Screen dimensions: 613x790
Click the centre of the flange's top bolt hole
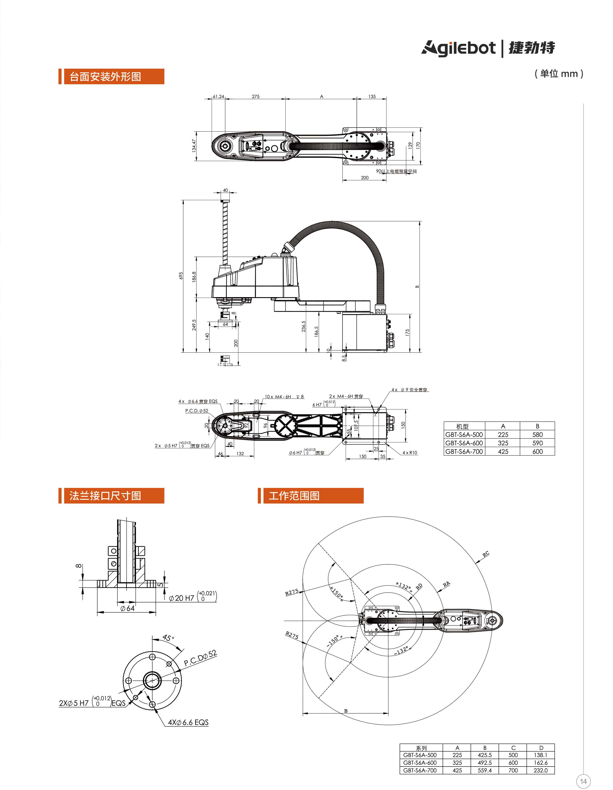(x=152, y=657)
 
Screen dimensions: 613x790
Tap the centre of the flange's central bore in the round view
(x=152, y=680)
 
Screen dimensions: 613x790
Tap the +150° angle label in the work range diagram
(x=336, y=592)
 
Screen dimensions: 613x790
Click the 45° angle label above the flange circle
(x=168, y=638)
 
